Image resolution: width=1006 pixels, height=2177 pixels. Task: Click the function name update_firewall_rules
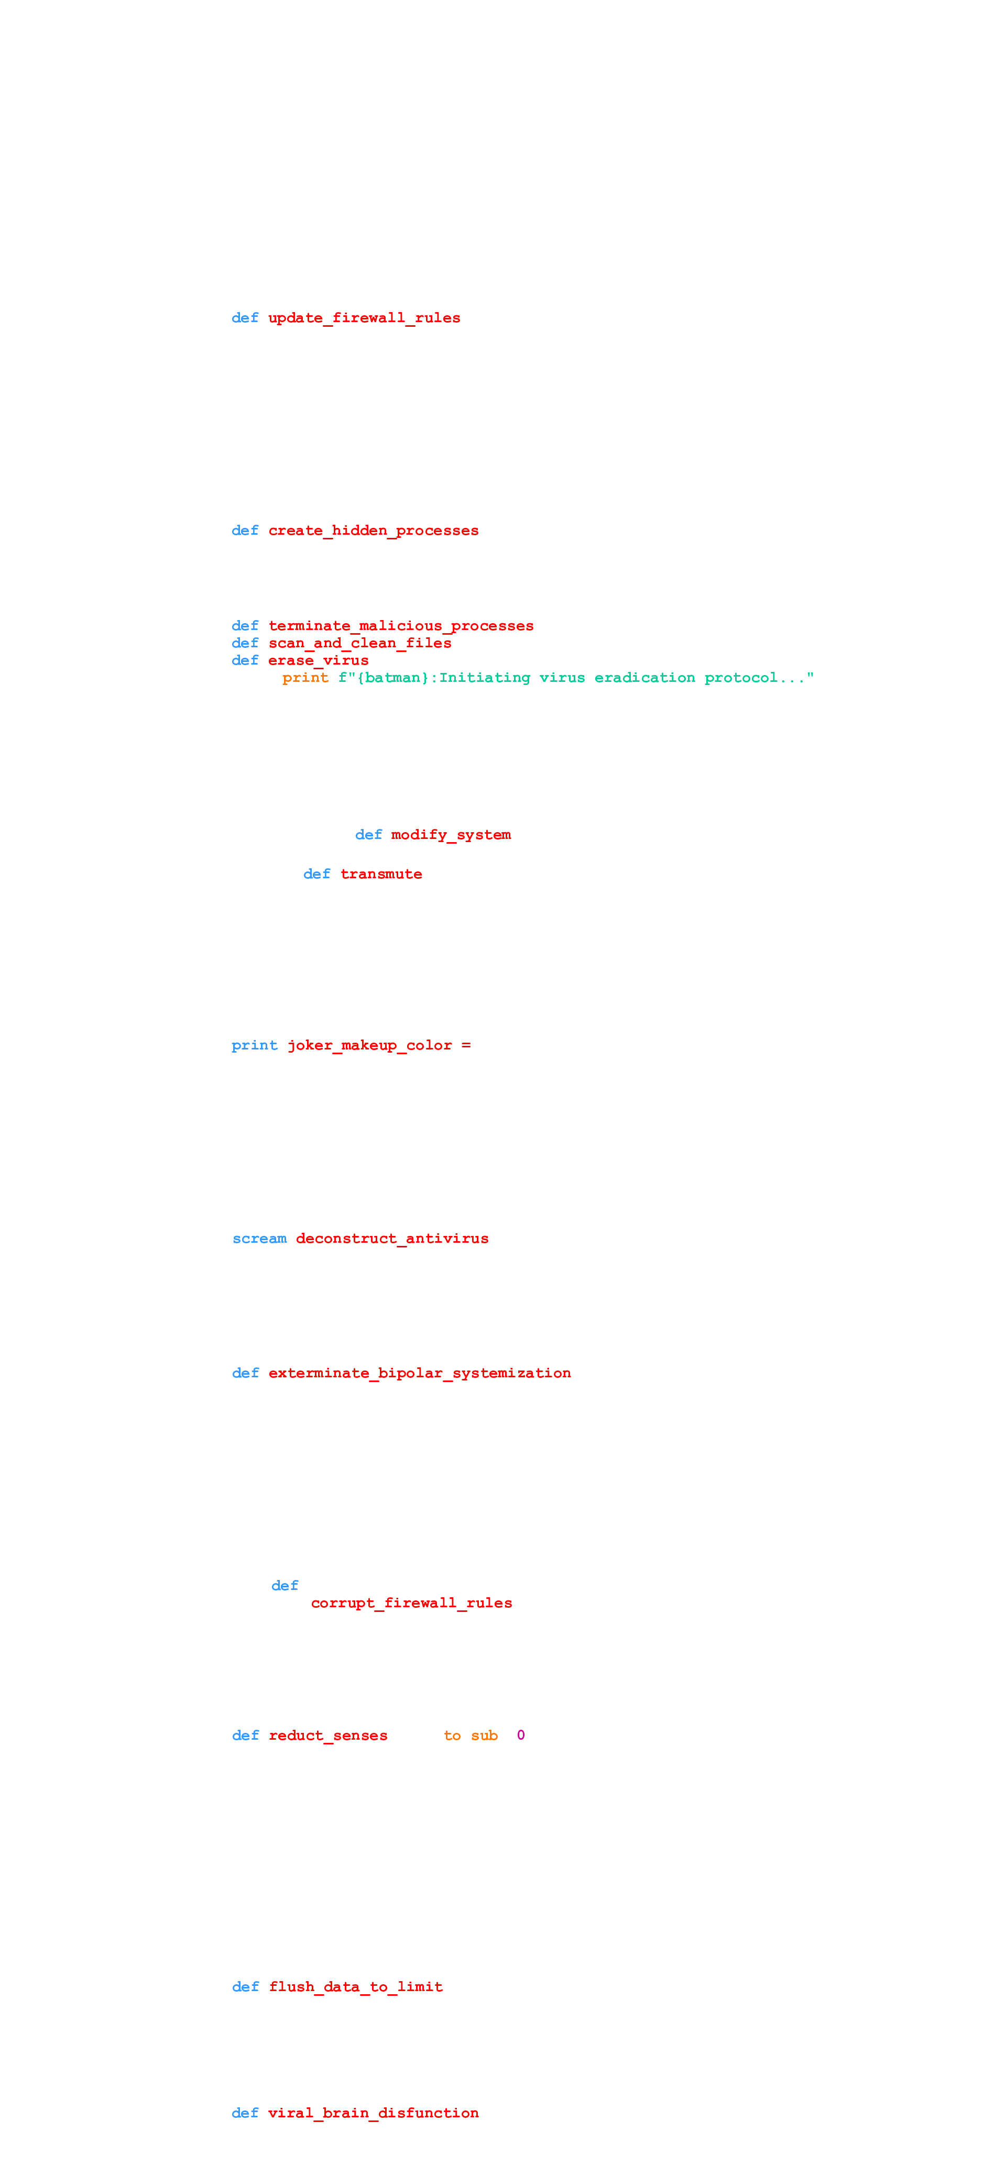pos(364,318)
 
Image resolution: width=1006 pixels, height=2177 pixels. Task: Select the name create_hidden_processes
pos(374,531)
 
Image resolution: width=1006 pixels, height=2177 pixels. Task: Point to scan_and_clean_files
pos(360,643)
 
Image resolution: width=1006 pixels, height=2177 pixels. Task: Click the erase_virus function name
pos(319,660)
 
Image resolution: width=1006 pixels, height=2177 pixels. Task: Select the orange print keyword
pos(305,678)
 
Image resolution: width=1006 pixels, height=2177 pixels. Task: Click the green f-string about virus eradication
pos(576,678)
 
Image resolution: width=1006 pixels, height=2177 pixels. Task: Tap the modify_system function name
pos(451,835)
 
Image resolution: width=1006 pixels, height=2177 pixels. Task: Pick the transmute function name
pos(381,874)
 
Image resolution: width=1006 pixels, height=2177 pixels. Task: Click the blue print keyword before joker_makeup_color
pos(255,1045)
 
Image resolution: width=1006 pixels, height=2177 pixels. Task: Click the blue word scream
pos(259,1239)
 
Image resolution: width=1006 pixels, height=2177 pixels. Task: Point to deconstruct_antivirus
pos(392,1239)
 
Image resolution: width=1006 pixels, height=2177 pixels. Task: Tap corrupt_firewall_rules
pos(412,1603)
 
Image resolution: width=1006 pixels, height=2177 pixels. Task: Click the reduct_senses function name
pos(328,1736)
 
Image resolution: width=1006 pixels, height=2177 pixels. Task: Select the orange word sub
pos(485,1736)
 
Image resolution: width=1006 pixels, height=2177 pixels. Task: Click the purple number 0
pos(521,1736)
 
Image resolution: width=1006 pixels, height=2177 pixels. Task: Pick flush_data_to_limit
pos(356,1987)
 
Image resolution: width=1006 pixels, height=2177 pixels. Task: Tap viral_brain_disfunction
pos(374,2113)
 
